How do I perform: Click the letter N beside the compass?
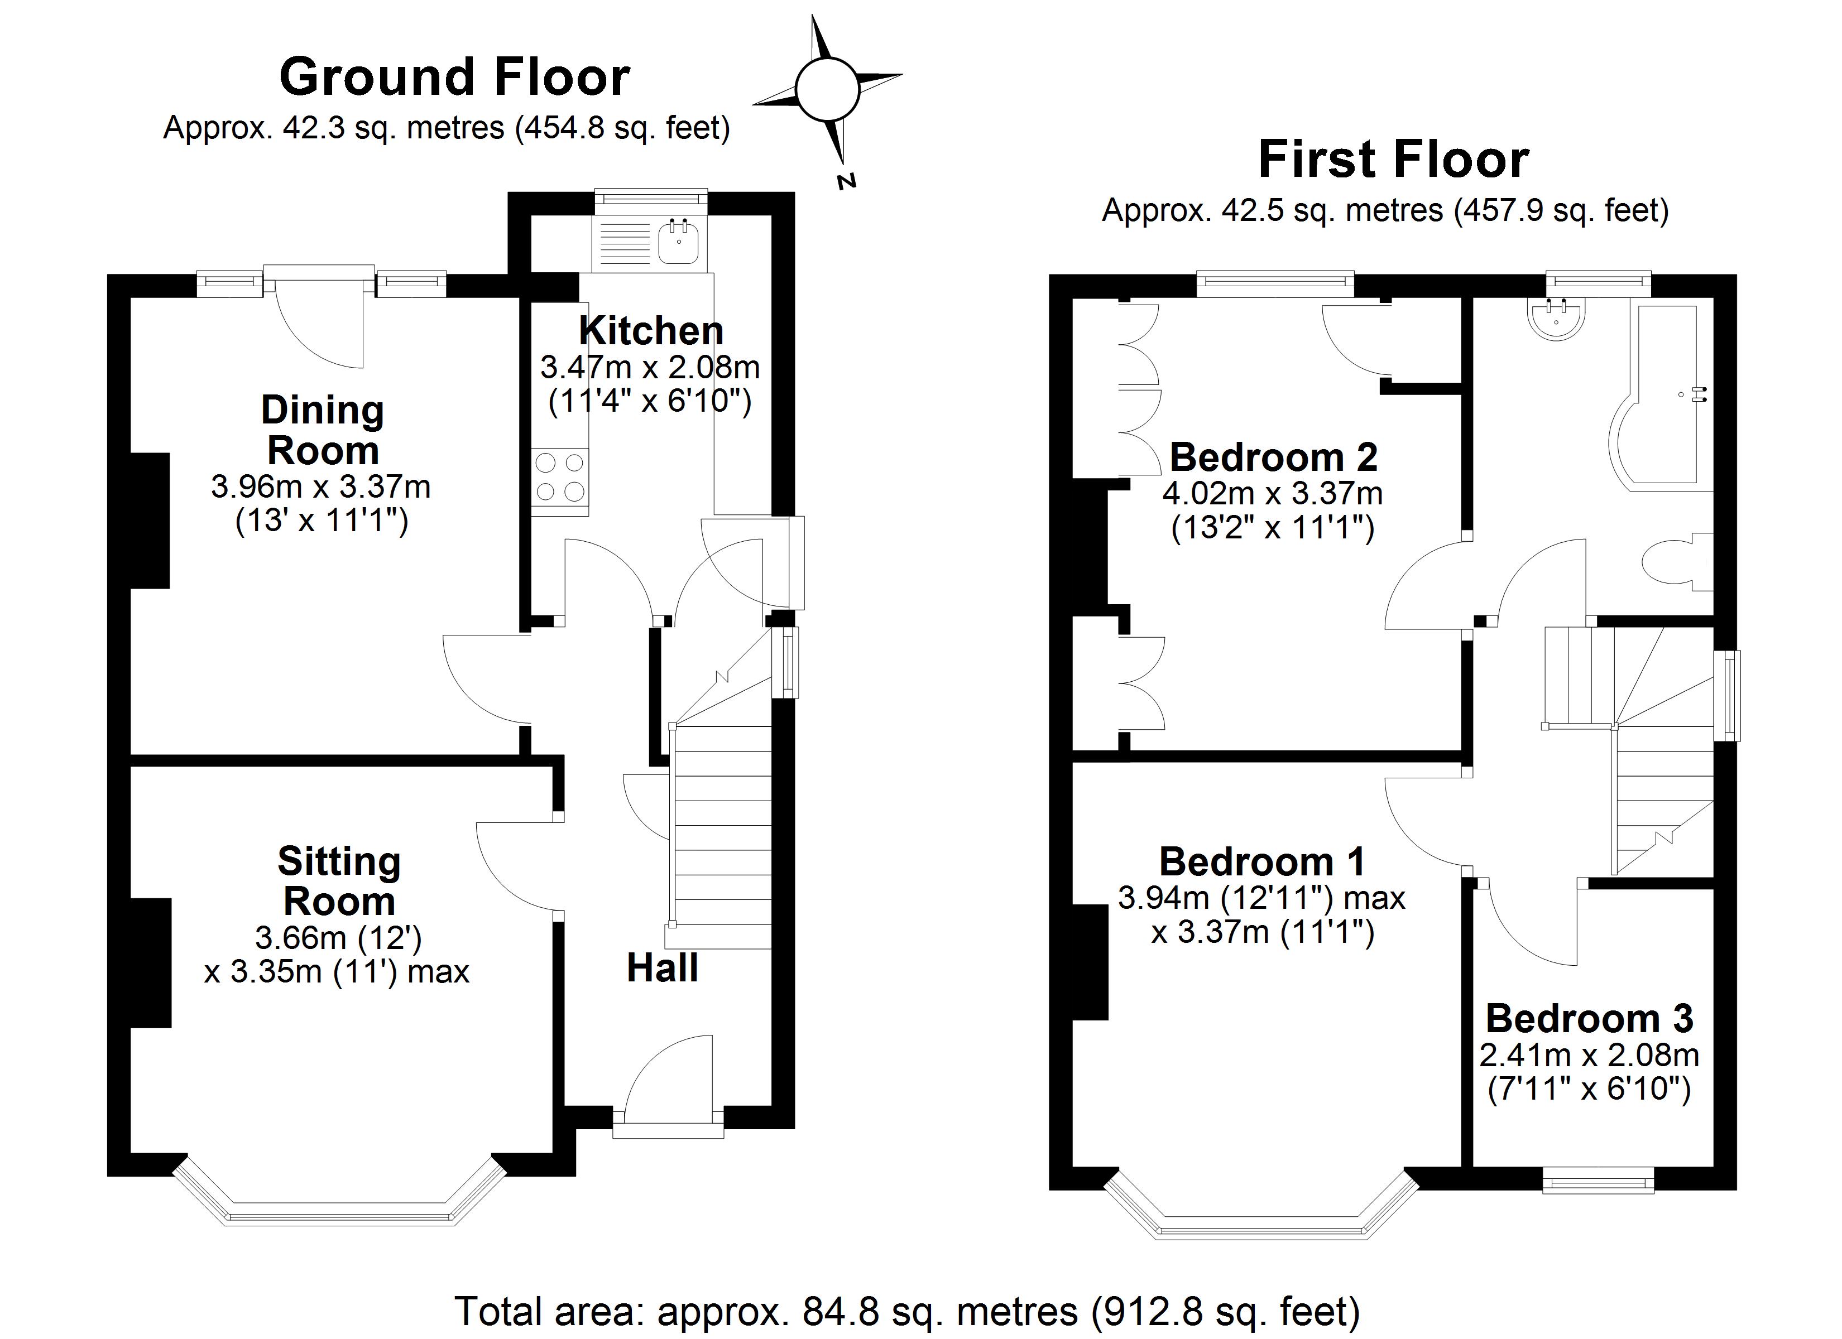[847, 181]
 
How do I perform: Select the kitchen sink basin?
[678, 243]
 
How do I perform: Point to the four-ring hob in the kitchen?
[560, 478]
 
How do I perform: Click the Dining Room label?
[323, 430]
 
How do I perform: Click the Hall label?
[662, 969]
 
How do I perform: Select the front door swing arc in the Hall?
[666, 1072]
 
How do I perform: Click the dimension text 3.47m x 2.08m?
[650, 368]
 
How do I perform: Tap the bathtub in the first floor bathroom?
[1661, 398]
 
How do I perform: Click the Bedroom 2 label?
[1273, 458]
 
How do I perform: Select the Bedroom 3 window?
[1598, 1180]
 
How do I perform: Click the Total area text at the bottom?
[906, 1311]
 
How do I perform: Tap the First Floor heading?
[1393, 160]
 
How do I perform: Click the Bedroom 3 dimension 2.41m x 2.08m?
[1589, 1056]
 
